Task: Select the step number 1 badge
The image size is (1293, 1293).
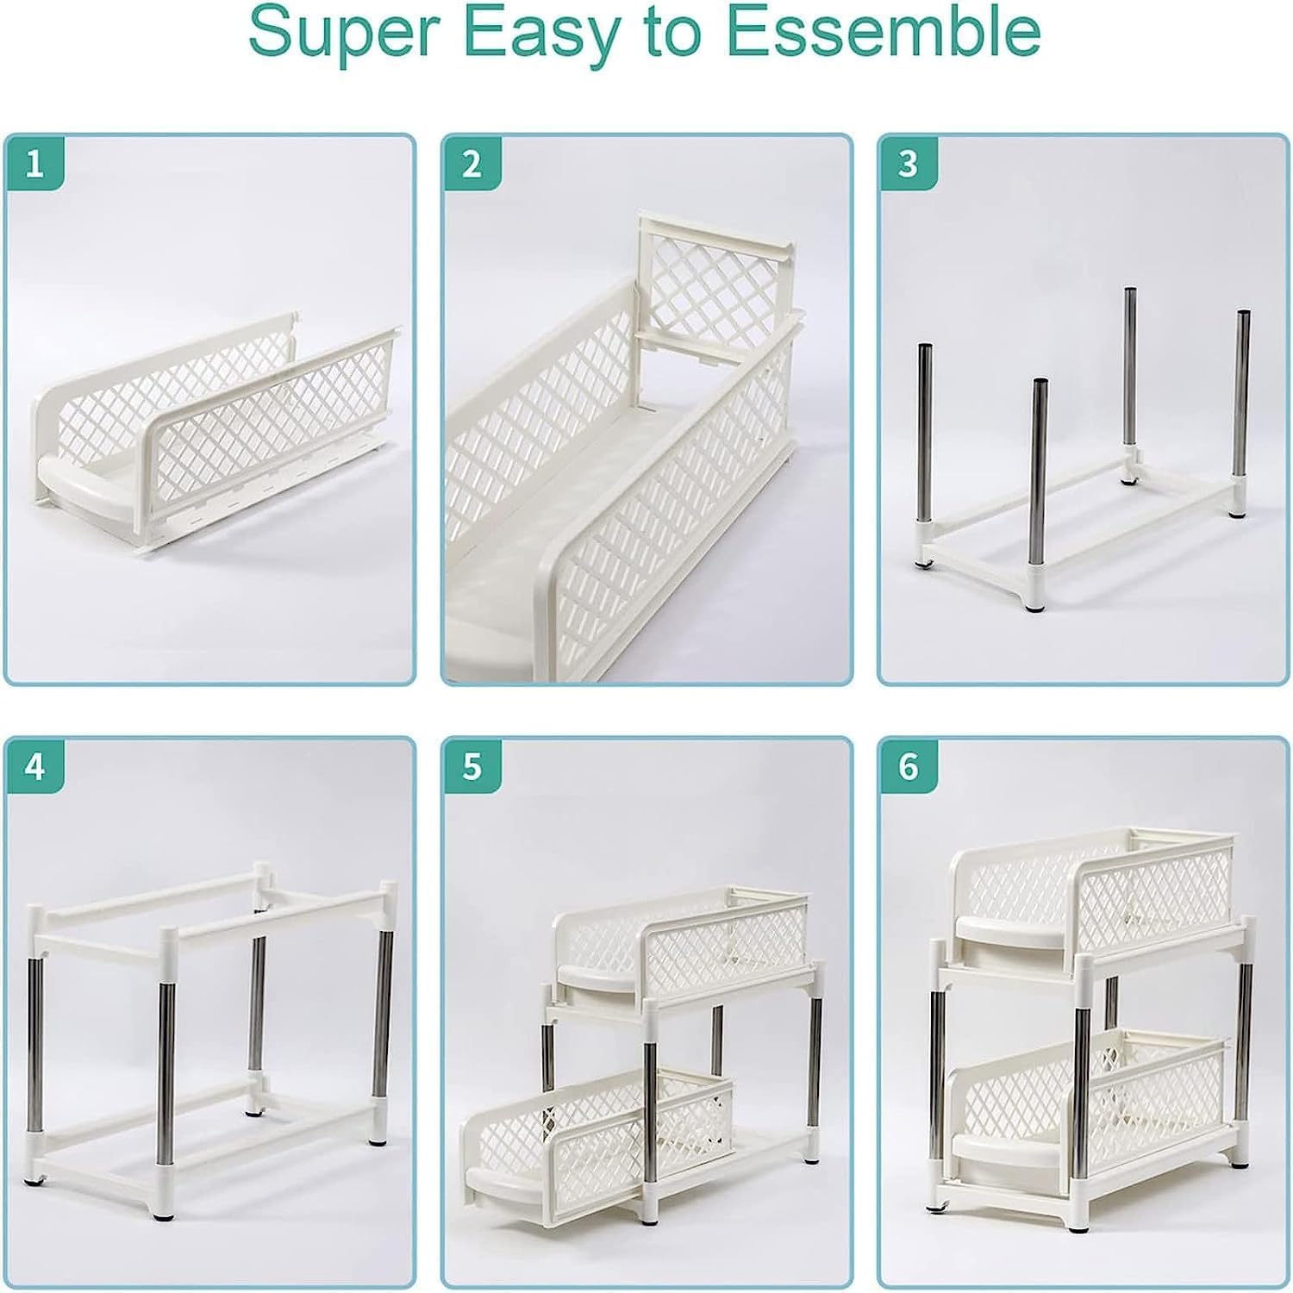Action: coord(34,163)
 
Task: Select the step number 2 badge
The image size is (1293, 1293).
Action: coord(472,163)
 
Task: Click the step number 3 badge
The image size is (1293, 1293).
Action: coord(908,163)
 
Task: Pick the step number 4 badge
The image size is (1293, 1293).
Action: coord(34,766)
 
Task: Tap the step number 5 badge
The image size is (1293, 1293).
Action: coord(472,766)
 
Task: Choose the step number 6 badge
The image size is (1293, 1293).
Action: coord(908,766)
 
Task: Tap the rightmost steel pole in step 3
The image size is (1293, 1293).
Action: coord(1243,414)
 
